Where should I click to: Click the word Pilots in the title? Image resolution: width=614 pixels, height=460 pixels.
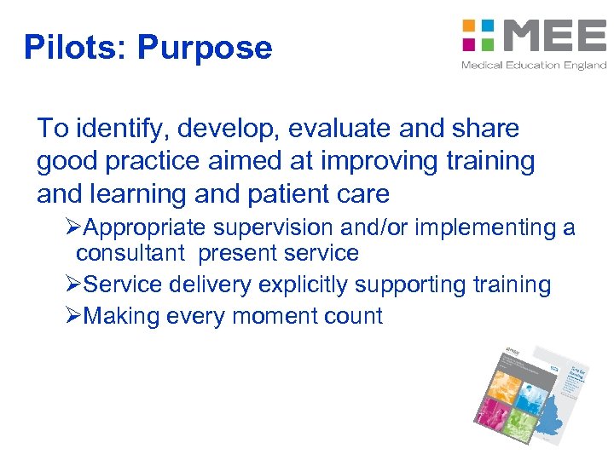click(72, 48)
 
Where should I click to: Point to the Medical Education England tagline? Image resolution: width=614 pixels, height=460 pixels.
click(534, 66)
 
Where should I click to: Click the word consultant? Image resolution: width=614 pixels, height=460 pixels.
click(130, 254)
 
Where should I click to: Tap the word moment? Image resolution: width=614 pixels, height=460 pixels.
click(267, 317)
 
